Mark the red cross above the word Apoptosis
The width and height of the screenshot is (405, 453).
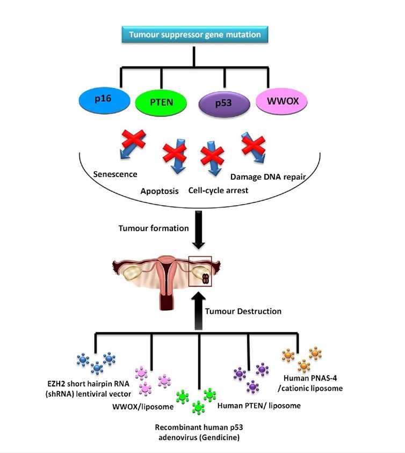[x=175, y=159]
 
